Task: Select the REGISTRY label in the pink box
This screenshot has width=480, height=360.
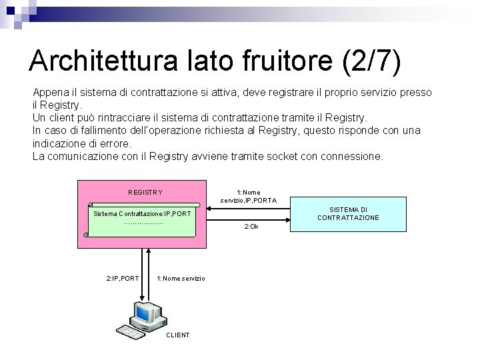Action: (145, 193)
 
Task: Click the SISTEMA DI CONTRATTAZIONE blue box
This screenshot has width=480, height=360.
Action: (347, 213)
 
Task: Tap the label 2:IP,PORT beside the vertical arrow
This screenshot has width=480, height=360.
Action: (123, 278)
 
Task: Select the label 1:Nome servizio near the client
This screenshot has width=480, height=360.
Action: (181, 278)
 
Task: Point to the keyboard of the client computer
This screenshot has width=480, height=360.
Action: (132, 330)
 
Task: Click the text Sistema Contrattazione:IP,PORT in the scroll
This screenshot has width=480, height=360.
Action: (143, 214)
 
